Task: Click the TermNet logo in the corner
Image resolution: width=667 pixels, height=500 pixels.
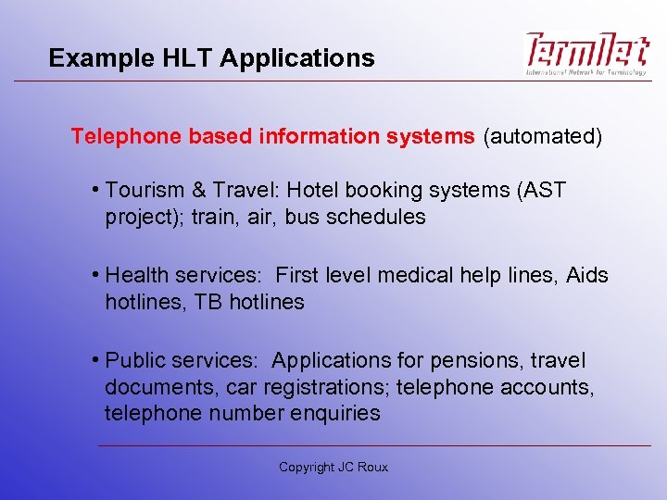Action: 588,54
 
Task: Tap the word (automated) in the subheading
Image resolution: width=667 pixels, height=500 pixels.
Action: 542,137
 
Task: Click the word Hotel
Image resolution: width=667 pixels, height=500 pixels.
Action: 316,191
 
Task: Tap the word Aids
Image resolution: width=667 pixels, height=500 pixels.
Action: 586,276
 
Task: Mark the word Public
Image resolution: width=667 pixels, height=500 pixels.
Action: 136,360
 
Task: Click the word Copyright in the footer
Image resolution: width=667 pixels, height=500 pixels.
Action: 307,468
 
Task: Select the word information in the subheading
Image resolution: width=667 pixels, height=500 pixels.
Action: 320,137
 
